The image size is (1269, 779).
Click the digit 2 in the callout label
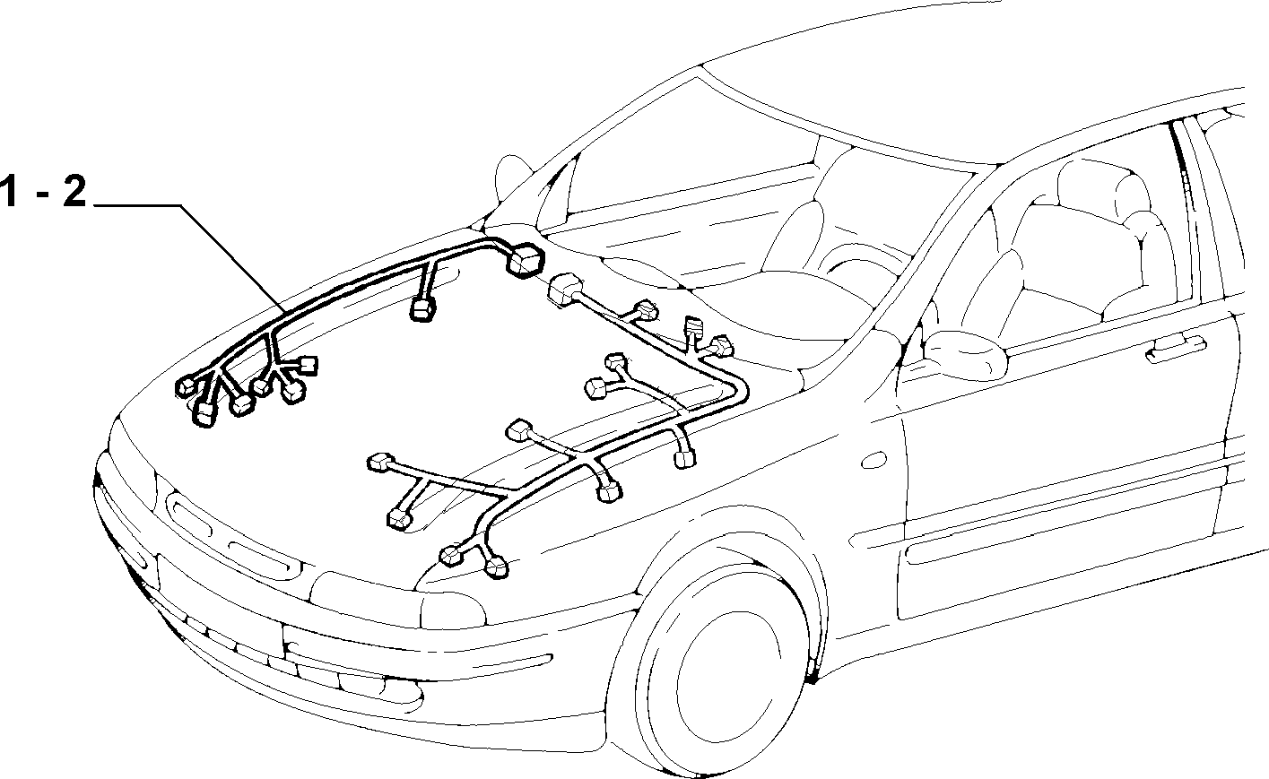[x=74, y=191]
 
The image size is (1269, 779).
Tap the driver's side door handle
[x=1176, y=348]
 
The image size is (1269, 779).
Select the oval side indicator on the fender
[x=874, y=460]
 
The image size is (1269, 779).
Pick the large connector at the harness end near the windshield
[x=525, y=260]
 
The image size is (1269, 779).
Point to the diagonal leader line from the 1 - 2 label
[x=233, y=258]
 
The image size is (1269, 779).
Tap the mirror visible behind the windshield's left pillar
[x=513, y=176]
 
